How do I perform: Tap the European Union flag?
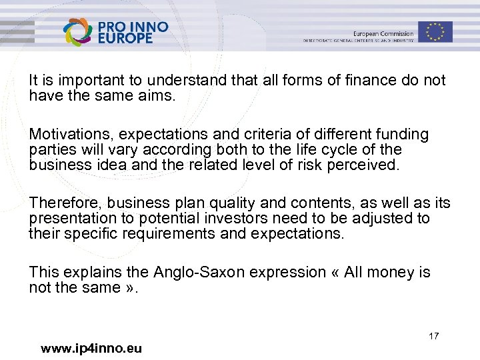click(x=436, y=31)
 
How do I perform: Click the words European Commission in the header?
click(x=383, y=33)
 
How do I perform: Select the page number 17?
click(x=434, y=336)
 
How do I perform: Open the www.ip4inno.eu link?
click(x=91, y=348)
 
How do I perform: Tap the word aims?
click(x=159, y=95)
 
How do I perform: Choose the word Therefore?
click(x=65, y=203)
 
